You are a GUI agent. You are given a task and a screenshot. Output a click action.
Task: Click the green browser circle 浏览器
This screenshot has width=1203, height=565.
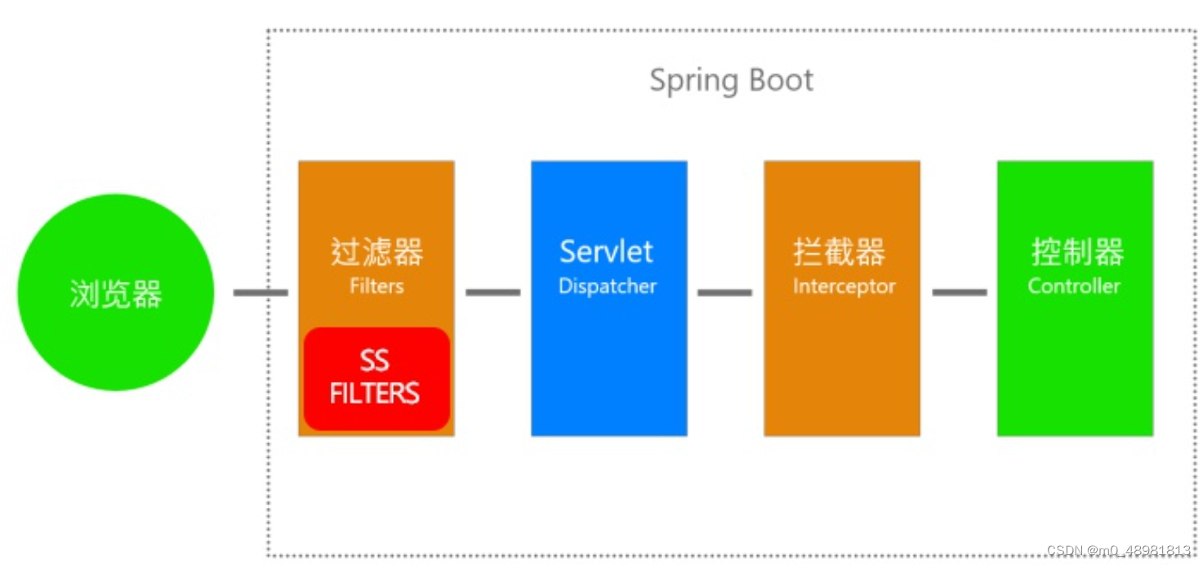[115, 292]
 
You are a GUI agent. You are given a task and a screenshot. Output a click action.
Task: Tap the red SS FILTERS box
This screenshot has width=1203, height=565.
[376, 379]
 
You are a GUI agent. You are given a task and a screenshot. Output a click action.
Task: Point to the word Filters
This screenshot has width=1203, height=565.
[376, 286]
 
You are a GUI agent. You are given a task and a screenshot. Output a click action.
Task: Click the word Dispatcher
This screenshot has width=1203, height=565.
[608, 286]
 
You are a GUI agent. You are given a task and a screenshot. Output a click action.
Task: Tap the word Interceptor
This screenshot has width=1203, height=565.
[844, 286]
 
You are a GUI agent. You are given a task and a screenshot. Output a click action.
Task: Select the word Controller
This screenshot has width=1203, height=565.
[1074, 286]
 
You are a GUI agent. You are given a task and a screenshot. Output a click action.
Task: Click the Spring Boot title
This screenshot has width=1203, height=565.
[731, 81]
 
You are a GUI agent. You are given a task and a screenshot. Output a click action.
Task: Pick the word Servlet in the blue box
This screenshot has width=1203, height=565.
[606, 252]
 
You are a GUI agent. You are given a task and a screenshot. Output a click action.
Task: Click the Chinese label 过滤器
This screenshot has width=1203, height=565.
[376, 253]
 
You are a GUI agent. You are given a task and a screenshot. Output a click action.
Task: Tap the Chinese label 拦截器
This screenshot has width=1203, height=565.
[839, 253]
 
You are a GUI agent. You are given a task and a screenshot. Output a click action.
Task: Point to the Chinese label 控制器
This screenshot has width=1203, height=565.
[1077, 253]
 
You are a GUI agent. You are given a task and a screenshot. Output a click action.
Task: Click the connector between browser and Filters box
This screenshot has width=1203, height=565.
[261, 292]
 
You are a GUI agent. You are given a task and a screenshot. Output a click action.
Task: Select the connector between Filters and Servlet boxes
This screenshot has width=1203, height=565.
[492, 292]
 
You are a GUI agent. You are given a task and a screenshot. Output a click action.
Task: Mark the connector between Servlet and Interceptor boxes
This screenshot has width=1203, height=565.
[724, 292]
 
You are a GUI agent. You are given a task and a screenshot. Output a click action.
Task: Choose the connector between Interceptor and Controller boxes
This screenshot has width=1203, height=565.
[959, 292]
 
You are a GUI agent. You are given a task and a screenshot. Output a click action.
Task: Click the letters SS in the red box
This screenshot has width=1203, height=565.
[375, 361]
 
